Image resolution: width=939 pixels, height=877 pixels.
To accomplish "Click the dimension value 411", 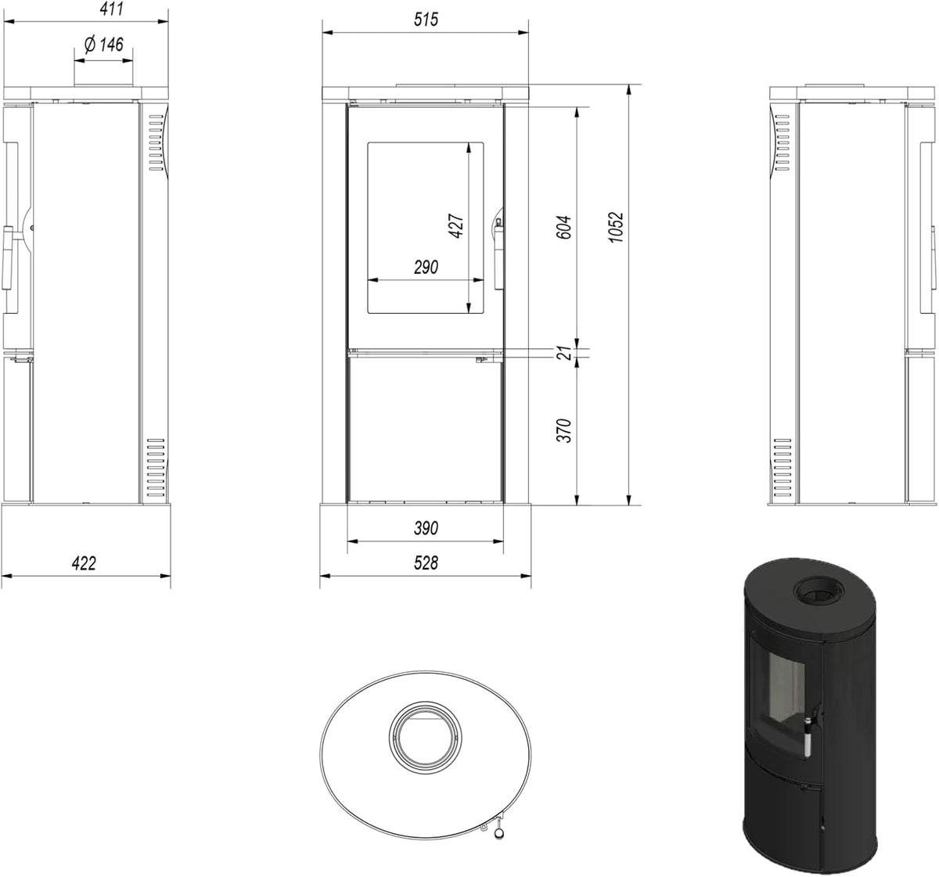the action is [112, 9].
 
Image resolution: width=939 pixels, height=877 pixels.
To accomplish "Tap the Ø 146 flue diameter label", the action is [103, 45].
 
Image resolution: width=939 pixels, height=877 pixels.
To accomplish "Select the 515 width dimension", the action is [426, 20].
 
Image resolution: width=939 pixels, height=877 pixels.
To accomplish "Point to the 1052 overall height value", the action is [616, 228].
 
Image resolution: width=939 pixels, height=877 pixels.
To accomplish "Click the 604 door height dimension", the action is [563, 228].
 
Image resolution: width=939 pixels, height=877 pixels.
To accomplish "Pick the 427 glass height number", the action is [455, 226].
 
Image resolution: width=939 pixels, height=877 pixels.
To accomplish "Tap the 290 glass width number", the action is [426, 268].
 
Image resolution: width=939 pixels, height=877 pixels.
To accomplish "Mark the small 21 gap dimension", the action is [564, 353].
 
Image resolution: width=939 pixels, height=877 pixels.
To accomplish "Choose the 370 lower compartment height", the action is [563, 431].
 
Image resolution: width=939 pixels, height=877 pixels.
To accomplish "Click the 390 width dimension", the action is [426, 528].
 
